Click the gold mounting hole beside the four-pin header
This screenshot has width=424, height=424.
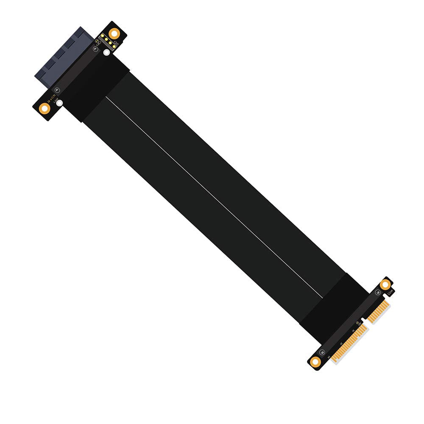pos(114,33)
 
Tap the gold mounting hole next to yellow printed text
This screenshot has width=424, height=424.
pos(45,108)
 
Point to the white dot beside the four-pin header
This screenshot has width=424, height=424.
pos(106,53)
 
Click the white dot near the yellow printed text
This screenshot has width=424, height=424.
pos(60,103)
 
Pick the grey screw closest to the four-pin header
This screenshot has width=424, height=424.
pos(95,50)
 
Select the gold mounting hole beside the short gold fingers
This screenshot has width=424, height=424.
pos(385,285)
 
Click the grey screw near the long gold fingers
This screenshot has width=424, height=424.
pos(322,353)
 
